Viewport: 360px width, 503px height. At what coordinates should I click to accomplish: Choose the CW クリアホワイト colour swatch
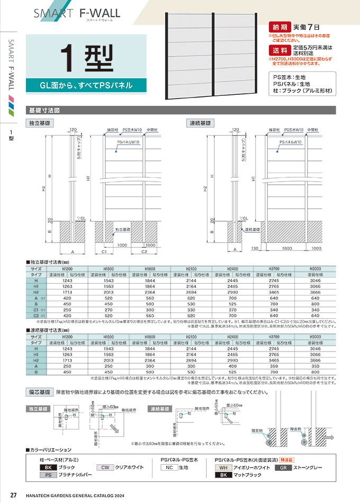pyautogui.click(x=105, y=468)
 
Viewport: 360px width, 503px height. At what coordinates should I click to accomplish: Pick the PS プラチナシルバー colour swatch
pyautogui.click(x=48, y=475)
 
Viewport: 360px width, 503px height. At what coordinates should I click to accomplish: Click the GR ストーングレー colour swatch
pyautogui.click(x=284, y=468)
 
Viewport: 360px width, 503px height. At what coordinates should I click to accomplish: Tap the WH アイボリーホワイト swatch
pyautogui.click(x=223, y=468)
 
